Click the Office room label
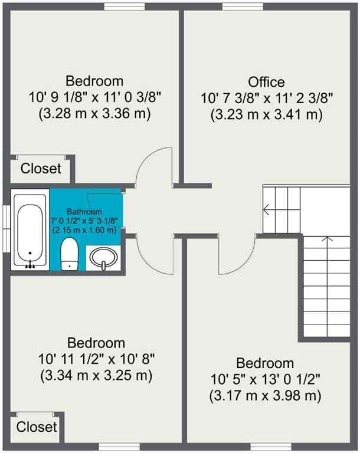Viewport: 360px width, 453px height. [266, 82]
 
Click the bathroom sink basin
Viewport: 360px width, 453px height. [104, 258]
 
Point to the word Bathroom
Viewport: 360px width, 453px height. [84, 211]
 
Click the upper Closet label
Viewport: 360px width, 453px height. [41, 169]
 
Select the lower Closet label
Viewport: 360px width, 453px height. [37, 426]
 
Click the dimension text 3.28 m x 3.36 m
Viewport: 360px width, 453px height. [94, 113]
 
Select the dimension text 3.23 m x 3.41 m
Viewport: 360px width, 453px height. [266, 115]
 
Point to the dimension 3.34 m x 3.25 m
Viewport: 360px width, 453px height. [96, 375]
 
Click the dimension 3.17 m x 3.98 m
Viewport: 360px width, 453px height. [265, 396]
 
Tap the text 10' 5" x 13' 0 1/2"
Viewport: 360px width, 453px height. [265, 379]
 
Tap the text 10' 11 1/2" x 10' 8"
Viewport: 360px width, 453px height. [96, 359]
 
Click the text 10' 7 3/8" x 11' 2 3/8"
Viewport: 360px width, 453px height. [266, 99]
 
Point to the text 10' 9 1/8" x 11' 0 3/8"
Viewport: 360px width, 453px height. [94, 97]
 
